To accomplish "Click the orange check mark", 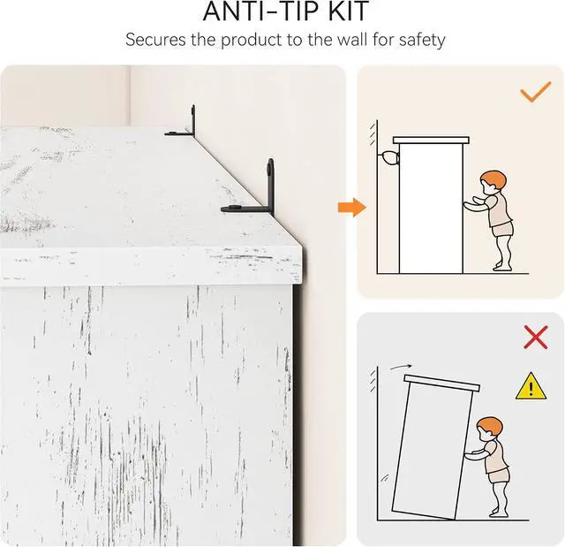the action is coord(536,92).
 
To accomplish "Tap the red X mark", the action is coord(536,338).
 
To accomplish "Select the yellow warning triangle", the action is coord(531,386).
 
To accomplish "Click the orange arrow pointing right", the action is coord(352,208).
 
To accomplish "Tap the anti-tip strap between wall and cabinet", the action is coord(388,157).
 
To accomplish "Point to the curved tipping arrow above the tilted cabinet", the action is coord(400,367).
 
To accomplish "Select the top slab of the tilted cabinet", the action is coord(441,384).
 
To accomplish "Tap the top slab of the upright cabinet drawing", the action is coord(431,140).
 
